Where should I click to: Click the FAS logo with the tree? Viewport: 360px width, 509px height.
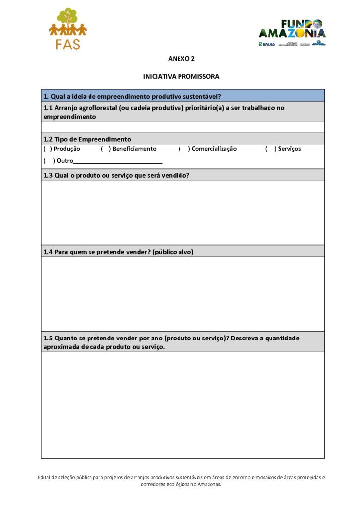pyautogui.click(x=68, y=29)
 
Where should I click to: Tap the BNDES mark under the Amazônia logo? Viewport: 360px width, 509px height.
pyautogui.click(x=267, y=44)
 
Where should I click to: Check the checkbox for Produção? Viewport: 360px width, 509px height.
pyautogui.click(x=48, y=149)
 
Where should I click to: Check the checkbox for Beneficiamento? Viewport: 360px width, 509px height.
pyautogui.click(x=105, y=149)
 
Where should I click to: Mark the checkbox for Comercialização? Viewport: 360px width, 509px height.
pyautogui.click(x=183, y=149)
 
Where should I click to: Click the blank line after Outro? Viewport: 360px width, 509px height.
pyautogui.click(x=117, y=161)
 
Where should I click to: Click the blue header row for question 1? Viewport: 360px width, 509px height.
pyautogui.click(x=182, y=96)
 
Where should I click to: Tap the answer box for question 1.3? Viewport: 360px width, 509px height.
pyautogui.click(x=182, y=212)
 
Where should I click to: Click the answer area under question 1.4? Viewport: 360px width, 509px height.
pyautogui.click(x=182, y=293)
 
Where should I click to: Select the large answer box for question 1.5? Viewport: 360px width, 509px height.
pyautogui.click(x=182, y=404)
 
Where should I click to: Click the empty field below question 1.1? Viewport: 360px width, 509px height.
pyautogui.click(x=182, y=127)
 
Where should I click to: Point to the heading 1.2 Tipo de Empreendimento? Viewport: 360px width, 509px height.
pyautogui.click(x=88, y=139)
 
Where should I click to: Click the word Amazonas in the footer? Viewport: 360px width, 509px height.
pyautogui.click(x=208, y=484)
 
